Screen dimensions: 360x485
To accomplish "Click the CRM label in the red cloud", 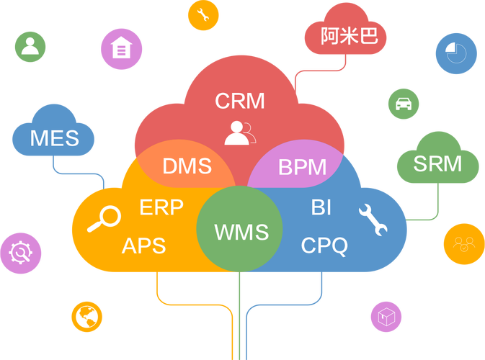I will [240, 101].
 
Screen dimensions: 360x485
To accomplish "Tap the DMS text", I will [187, 166].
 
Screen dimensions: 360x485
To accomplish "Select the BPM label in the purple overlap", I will [302, 168].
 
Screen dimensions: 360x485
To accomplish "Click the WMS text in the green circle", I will [241, 232].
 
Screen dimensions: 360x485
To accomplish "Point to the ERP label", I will [161, 207].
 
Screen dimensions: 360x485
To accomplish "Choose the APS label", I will [144, 246].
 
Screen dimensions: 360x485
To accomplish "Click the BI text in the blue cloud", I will [321, 207].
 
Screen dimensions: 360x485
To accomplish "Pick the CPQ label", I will [324, 246].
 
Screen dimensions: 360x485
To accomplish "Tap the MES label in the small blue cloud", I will [55, 138].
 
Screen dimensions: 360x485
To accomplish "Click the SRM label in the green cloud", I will [437, 163].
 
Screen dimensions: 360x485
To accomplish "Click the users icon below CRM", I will [239, 132].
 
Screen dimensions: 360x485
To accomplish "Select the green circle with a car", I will [404, 104].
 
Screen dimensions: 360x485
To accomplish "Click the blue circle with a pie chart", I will [455, 53].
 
